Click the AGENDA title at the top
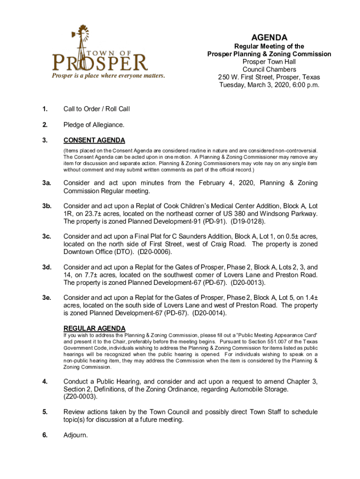[x=269, y=37]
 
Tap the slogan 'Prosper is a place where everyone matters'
[x=108, y=76]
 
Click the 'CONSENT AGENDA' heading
[x=94, y=140]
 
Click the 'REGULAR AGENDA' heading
[x=94, y=328]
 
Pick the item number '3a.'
[x=46, y=183]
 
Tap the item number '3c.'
[x=46, y=236]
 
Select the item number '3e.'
[x=46, y=297]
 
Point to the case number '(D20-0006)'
[x=154, y=252]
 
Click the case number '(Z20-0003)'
[x=82, y=397]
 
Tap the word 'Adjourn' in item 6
[x=75, y=435]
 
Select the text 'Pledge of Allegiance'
[x=94, y=125]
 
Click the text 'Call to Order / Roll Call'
[x=97, y=109]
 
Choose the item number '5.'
[x=45, y=412]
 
